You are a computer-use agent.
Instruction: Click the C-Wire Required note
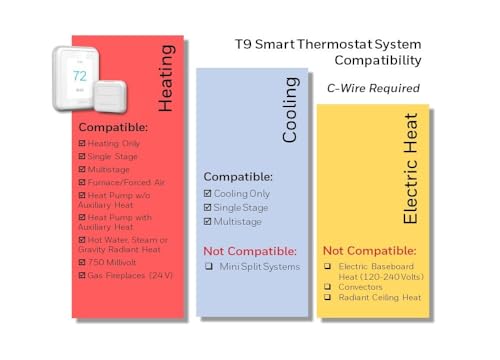[373, 88]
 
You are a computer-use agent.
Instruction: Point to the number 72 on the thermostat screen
[80, 76]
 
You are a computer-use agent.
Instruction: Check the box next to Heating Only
[82, 143]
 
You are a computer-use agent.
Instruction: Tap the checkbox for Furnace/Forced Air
[82, 182]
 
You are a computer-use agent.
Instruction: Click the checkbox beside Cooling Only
[207, 194]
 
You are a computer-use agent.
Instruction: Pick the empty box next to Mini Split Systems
[208, 266]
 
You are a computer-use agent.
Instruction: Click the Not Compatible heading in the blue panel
[250, 250]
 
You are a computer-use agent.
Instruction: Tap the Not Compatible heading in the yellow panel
[371, 249]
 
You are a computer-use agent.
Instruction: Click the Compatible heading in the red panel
[113, 127]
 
